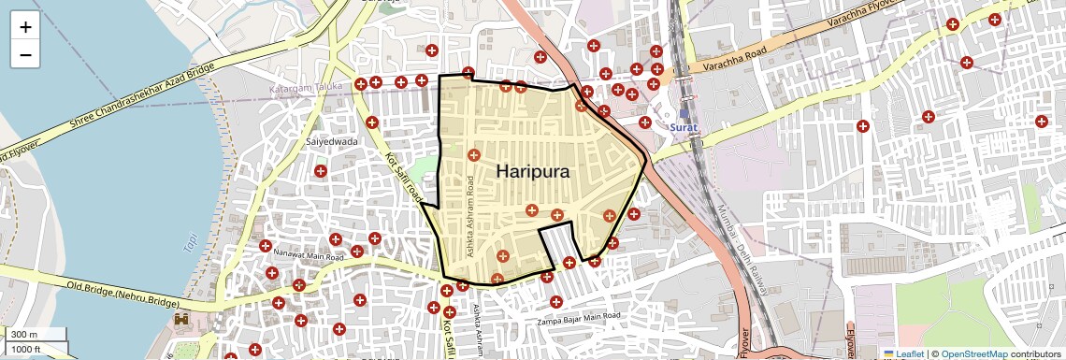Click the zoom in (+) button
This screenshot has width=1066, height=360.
pyautogui.click(x=25, y=27)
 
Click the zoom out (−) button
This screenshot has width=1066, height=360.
pyautogui.click(x=25, y=54)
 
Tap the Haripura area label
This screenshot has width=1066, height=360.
pyautogui.click(x=533, y=171)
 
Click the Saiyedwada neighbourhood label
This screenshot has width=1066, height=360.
pyautogui.click(x=332, y=141)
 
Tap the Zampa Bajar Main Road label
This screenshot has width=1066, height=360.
pyautogui.click(x=578, y=320)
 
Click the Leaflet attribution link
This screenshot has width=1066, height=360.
pyautogui.click(x=902, y=354)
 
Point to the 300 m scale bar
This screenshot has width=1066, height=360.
pyautogui.click(x=34, y=335)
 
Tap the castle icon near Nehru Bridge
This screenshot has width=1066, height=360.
pyautogui.click(x=181, y=320)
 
